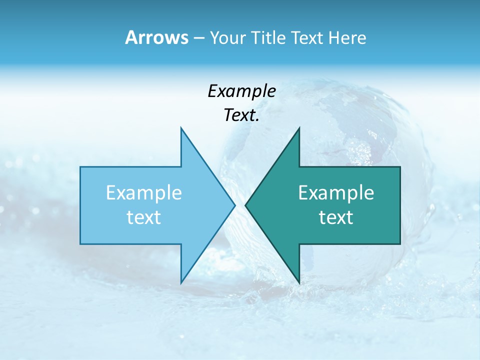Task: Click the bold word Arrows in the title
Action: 156,37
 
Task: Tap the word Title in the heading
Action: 269,38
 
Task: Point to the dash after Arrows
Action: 198,38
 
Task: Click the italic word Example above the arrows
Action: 241,91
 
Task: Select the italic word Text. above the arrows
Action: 241,115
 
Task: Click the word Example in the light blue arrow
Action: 144,193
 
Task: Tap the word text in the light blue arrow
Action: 144,217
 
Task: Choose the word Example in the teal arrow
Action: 336,193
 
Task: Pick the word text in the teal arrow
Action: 336,217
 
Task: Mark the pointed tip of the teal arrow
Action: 246,205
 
